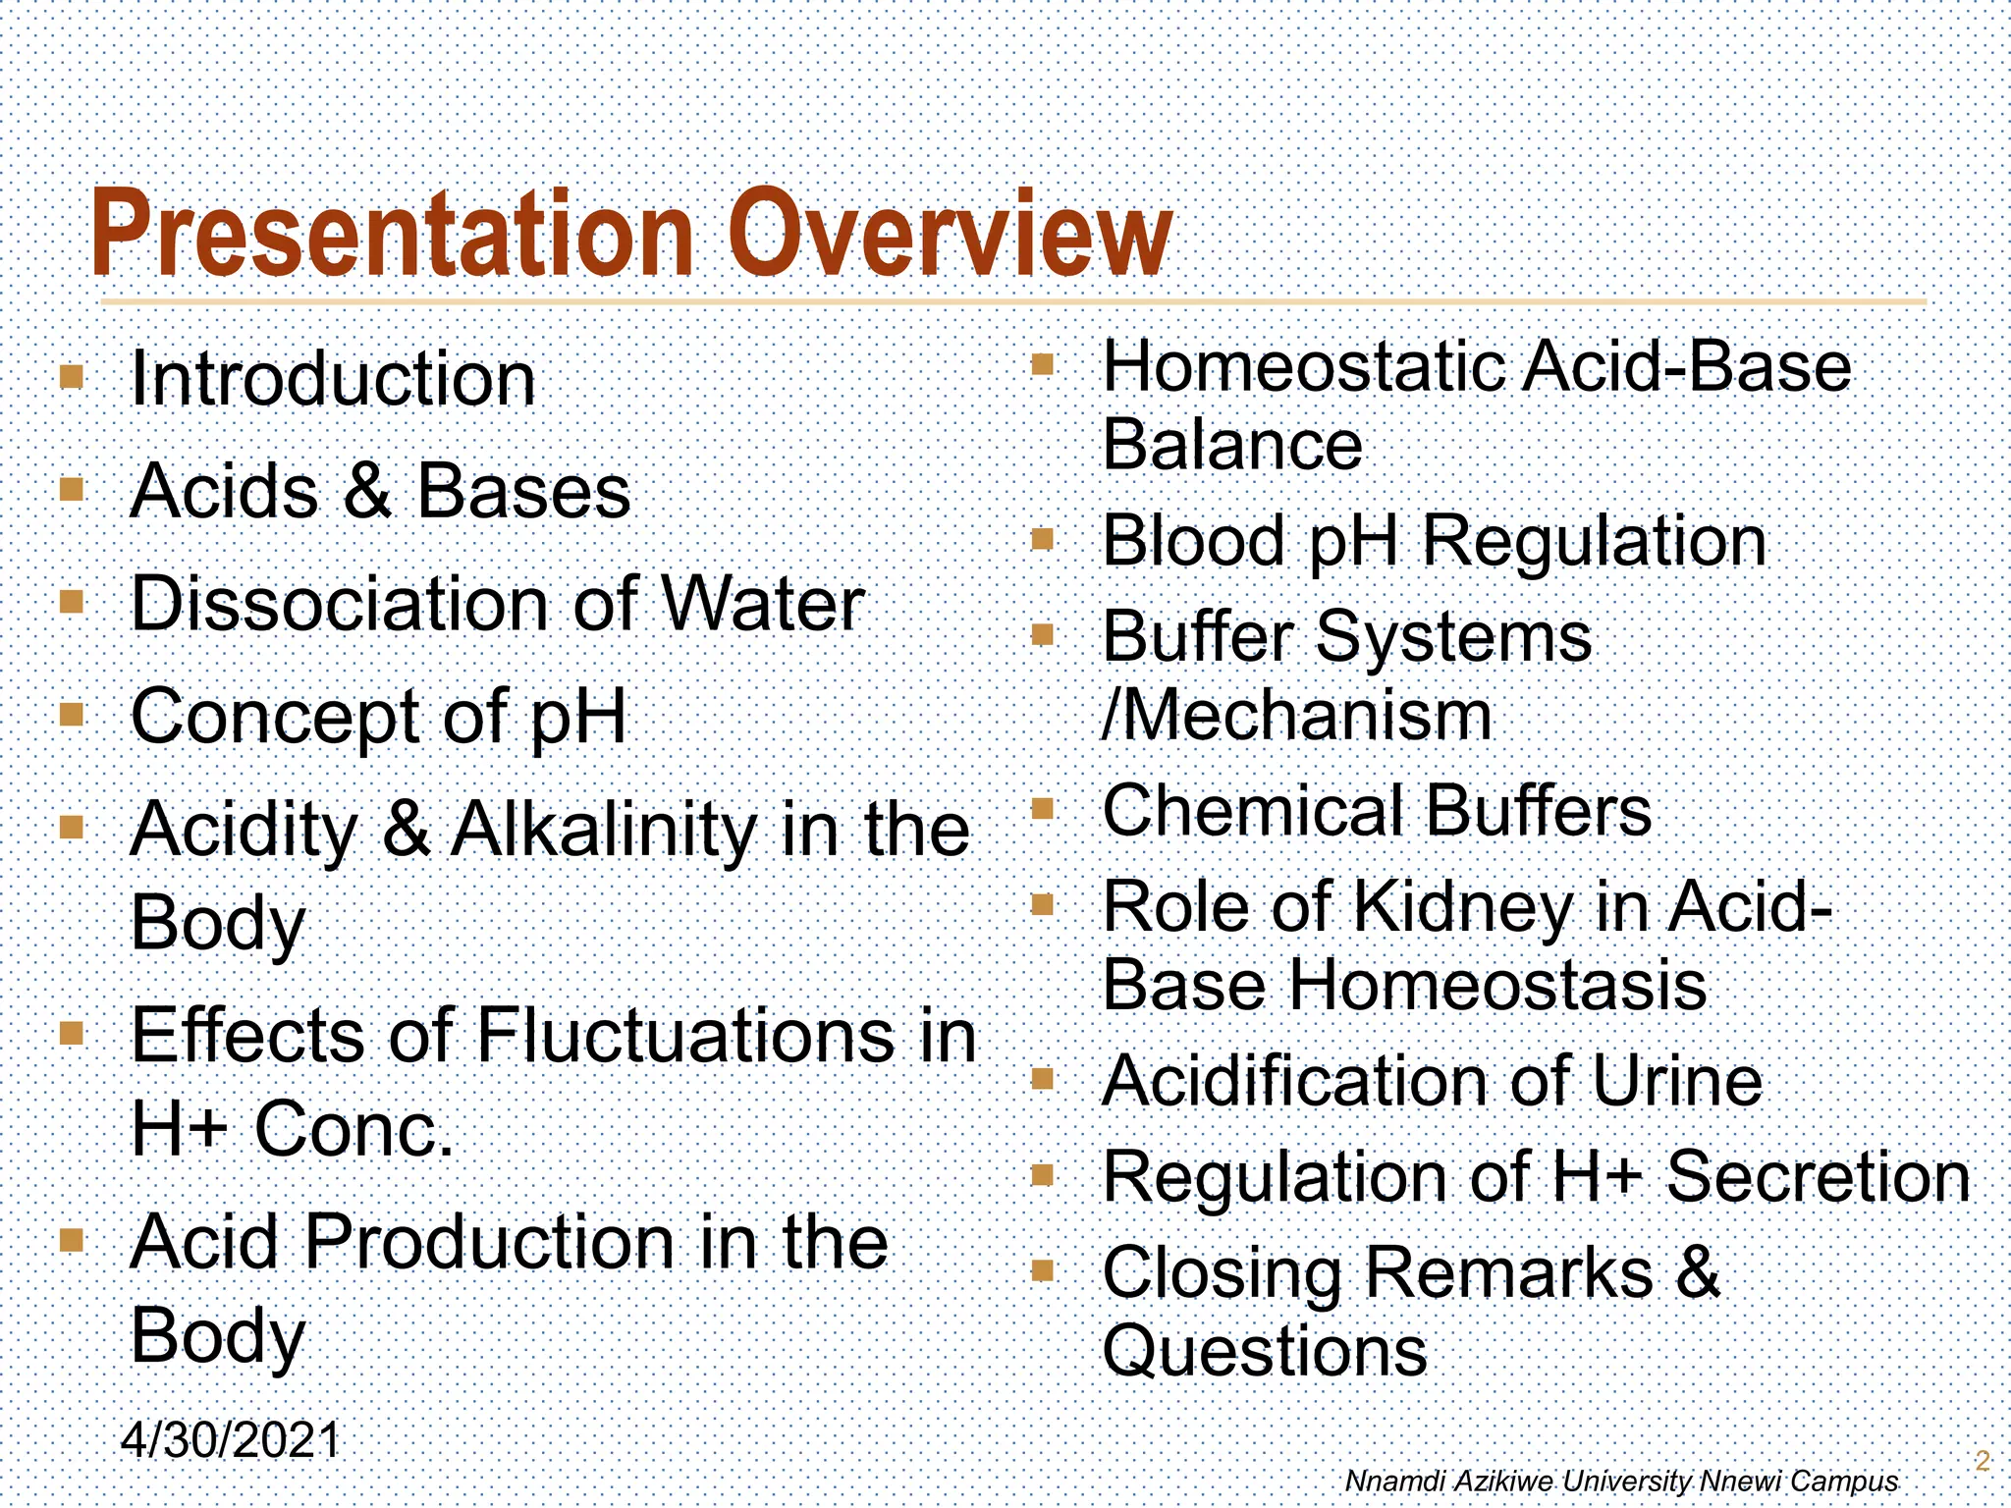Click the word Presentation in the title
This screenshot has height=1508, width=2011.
393,236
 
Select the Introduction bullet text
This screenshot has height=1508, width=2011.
333,379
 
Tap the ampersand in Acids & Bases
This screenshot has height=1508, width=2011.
368,491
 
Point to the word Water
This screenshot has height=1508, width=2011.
762,604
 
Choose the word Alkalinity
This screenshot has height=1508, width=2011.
603,831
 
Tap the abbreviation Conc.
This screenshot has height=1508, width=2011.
353,1129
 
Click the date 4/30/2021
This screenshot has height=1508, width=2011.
230,1441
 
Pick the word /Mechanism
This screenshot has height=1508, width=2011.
1297,715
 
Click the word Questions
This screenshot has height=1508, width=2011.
1265,1351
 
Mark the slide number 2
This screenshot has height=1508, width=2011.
1982,1461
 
